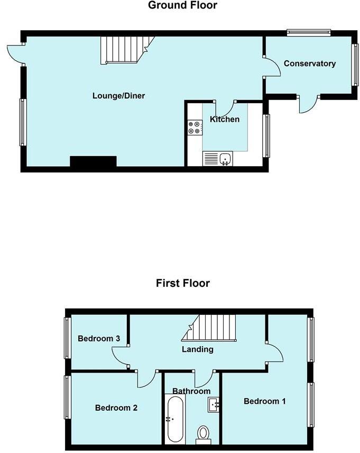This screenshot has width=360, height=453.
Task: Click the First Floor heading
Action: tap(182, 283)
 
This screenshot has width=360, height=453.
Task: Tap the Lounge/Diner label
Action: tap(118, 96)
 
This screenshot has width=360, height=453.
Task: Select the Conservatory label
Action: tap(309, 64)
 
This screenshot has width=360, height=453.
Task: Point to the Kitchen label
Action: tap(225, 119)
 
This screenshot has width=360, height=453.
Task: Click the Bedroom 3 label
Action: tap(95, 339)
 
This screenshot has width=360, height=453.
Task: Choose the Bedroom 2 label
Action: tap(116, 408)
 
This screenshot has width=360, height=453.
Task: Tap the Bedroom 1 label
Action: tap(264, 401)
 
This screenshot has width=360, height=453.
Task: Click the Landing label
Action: tap(197, 349)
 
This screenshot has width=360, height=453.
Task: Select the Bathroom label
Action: tap(191, 391)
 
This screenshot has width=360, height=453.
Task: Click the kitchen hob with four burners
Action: tap(194, 127)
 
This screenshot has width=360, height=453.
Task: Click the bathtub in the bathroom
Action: tap(175, 420)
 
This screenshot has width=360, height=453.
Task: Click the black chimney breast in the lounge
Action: tap(93, 162)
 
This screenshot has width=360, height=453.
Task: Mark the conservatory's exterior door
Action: tap(309, 104)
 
